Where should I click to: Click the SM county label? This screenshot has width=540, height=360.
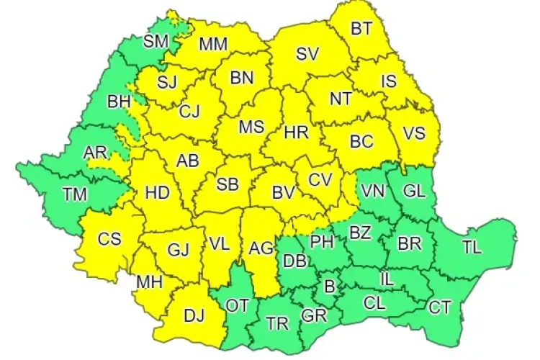pyautogui.click(x=155, y=41)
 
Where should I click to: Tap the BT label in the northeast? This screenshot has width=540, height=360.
pyautogui.click(x=362, y=30)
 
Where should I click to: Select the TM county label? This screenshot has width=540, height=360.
pyautogui.click(x=73, y=193)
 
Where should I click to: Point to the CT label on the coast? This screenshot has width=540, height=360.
pyautogui.click(x=439, y=307)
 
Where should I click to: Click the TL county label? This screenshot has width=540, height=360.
pyautogui.click(x=472, y=247)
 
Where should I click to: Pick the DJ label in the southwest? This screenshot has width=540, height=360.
pyautogui.click(x=193, y=314)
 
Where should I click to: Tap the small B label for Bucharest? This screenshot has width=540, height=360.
pyautogui.click(x=330, y=286)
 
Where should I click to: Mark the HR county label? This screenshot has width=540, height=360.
pyautogui.click(x=296, y=132)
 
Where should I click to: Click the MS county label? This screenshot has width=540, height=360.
pyautogui.click(x=251, y=127)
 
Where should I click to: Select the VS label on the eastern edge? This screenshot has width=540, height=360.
pyautogui.click(x=413, y=133)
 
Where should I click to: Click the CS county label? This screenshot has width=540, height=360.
pyautogui.click(x=109, y=238)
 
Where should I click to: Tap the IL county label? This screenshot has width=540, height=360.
pyautogui.click(x=387, y=276)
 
